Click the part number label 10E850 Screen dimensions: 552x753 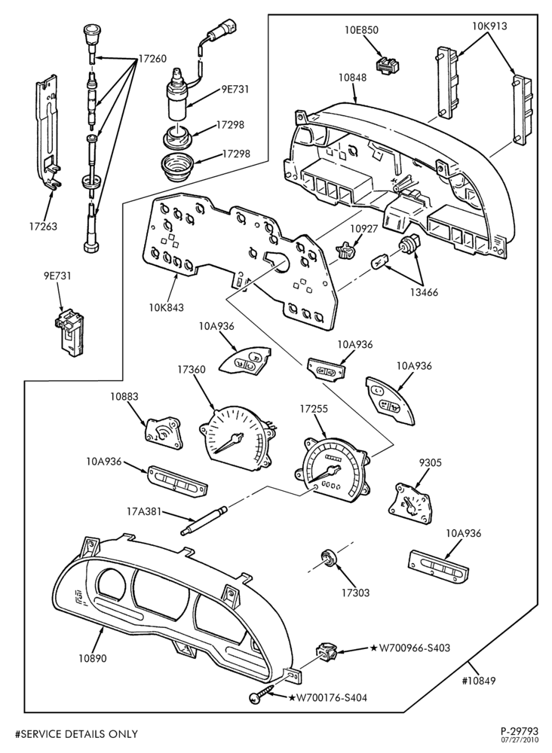point(361,30)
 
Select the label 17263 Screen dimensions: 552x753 point(41,226)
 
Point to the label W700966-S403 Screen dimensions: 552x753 point(411,648)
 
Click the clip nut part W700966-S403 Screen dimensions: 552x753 point(325,651)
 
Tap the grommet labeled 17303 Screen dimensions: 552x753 point(329,558)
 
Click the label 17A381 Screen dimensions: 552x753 point(144,512)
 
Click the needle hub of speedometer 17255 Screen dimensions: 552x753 point(332,469)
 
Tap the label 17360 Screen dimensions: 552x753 point(192,370)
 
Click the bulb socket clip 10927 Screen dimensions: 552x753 point(348,250)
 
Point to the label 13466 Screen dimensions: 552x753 point(424,292)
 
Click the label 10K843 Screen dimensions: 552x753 point(166,307)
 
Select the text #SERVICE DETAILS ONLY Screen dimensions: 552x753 point(77,733)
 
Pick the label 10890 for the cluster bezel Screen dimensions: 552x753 point(92,658)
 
